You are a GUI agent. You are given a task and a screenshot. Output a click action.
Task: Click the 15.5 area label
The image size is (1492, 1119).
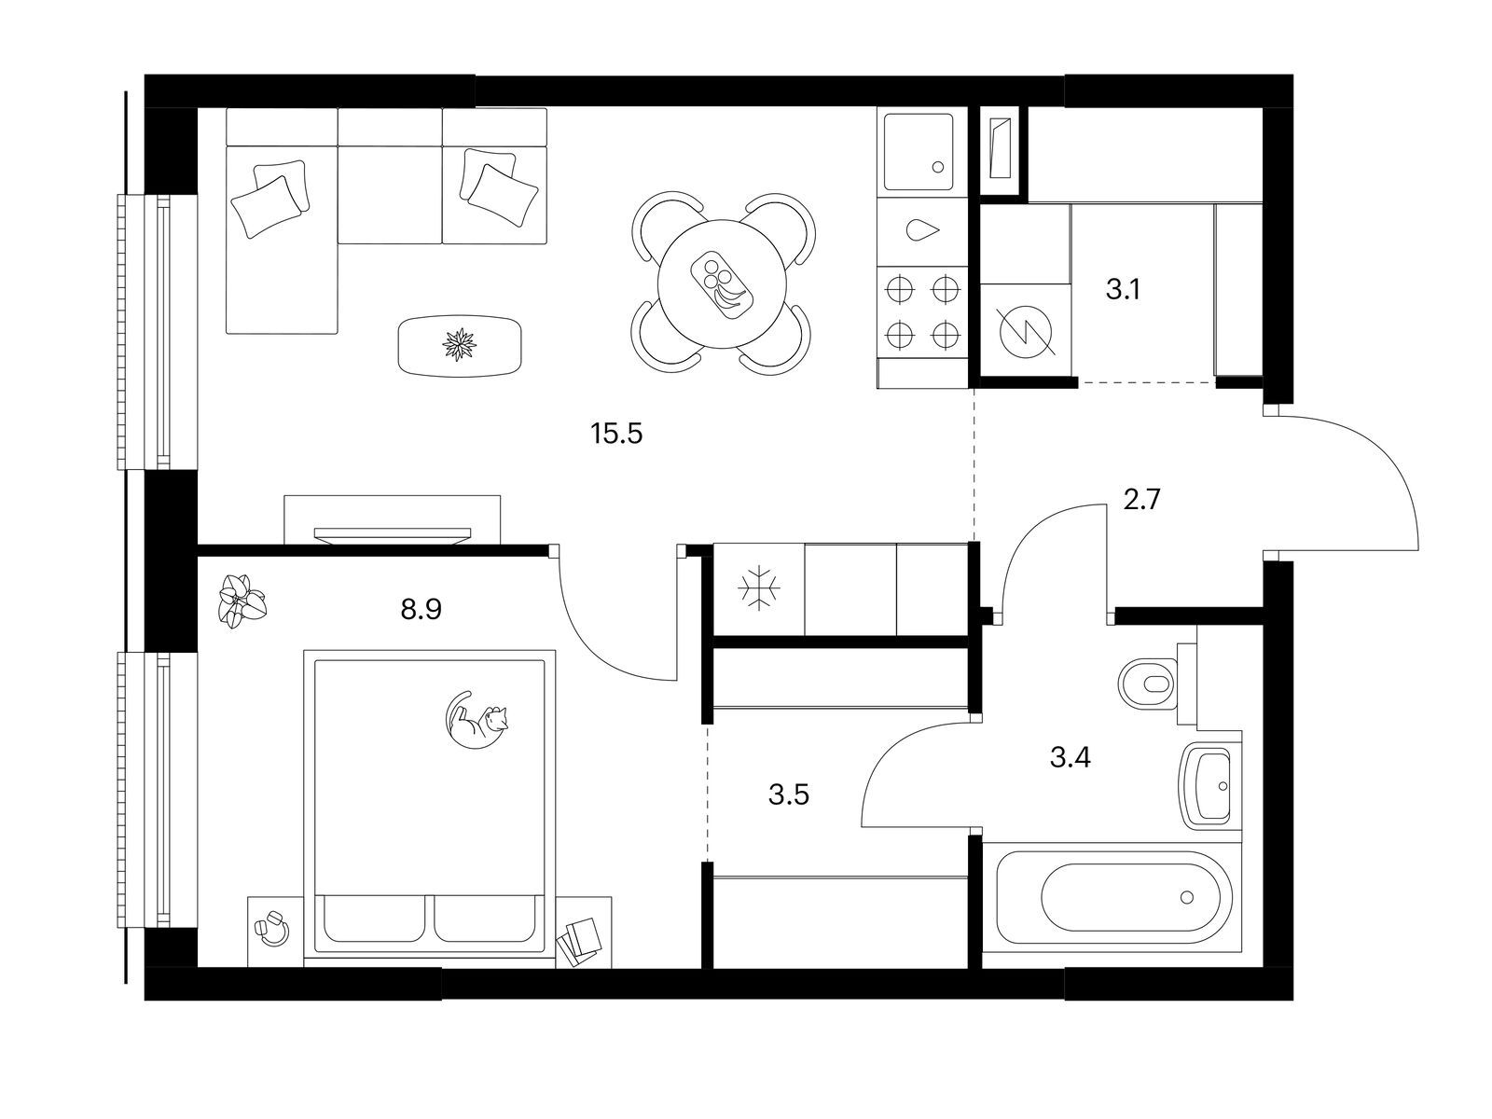tap(616, 434)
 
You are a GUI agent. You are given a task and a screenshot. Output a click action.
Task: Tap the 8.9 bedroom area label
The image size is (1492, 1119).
tap(421, 610)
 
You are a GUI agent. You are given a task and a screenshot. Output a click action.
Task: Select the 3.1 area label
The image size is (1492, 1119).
tap(1122, 289)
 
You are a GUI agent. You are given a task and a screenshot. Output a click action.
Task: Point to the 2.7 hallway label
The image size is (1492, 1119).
tap(1141, 500)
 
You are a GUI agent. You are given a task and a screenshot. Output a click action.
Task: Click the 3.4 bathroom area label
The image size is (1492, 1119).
tap(1070, 756)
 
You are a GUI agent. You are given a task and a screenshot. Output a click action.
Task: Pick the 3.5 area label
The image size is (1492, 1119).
tap(789, 794)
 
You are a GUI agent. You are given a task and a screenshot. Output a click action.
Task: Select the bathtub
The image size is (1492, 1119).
tap(1112, 896)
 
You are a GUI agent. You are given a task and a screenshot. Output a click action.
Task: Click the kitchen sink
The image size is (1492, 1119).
tap(919, 151)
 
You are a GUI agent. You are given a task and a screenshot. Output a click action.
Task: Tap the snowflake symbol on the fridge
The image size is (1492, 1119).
tap(758, 587)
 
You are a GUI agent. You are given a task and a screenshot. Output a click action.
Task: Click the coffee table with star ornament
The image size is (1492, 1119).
tap(460, 345)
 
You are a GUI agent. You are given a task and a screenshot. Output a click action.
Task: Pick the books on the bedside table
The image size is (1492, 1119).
tap(579, 942)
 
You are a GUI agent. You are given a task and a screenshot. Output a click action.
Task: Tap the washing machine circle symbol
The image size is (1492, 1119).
tap(1026, 331)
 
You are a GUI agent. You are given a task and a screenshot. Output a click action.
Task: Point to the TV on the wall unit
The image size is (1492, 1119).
tap(393, 535)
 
